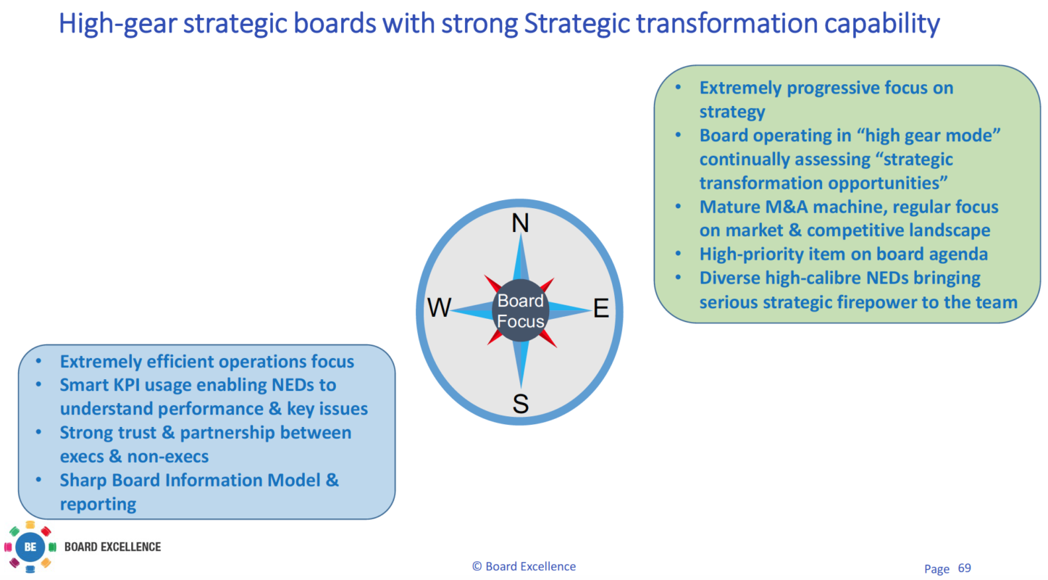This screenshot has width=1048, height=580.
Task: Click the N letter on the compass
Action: (x=520, y=223)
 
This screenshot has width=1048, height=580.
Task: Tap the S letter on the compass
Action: (x=520, y=404)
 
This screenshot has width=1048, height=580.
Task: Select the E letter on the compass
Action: (x=600, y=309)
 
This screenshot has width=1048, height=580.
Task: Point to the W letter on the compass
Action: (x=439, y=308)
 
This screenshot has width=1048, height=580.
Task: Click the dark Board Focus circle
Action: (x=520, y=311)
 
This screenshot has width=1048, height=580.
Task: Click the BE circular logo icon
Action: (x=30, y=547)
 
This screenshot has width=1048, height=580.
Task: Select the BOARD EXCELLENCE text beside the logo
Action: (x=112, y=547)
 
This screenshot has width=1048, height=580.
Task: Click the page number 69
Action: (x=964, y=568)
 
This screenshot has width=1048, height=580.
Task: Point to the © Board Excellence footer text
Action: (x=524, y=566)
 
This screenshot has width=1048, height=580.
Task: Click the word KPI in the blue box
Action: (x=127, y=385)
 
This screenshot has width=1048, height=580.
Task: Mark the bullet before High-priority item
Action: (x=678, y=254)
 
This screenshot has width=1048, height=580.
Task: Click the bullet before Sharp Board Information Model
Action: (x=39, y=480)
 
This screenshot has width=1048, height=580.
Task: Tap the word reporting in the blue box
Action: (x=98, y=504)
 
